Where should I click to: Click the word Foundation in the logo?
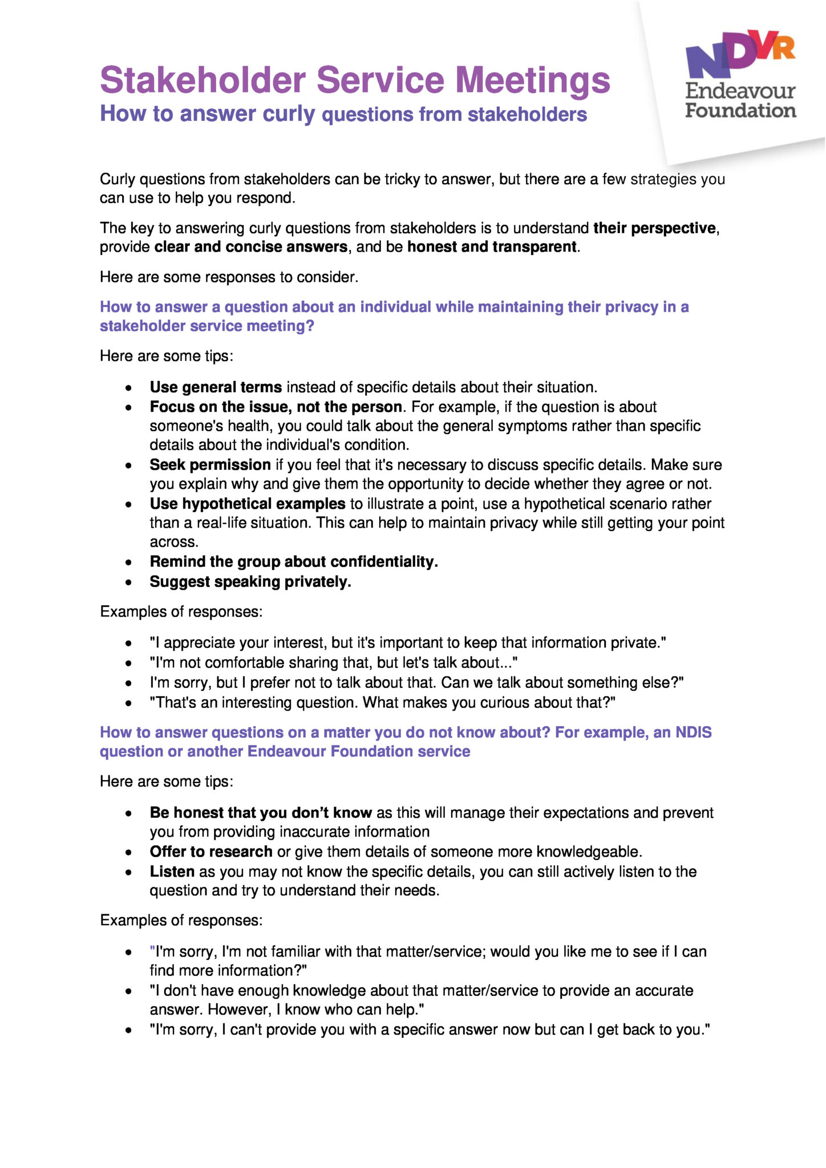[740, 110]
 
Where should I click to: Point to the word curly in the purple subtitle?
[289, 114]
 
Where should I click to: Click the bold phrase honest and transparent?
[492, 247]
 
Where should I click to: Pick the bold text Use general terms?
[216, 387]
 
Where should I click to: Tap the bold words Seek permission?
[210, 465]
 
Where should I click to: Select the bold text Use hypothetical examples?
[248, 504]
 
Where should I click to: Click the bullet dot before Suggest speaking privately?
[129, 582]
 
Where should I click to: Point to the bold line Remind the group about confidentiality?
[294, 562]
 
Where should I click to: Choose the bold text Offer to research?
[211, 851]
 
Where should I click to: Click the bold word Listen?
[172, 871]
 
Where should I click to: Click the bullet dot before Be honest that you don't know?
[129, 813]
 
